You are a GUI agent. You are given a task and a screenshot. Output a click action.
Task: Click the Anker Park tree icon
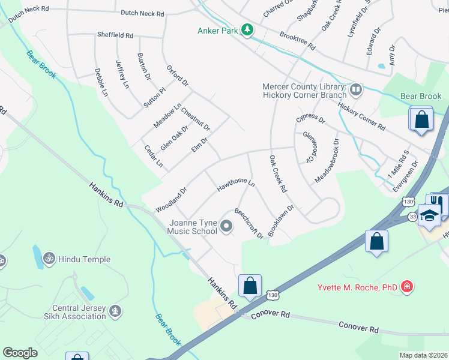(247, 30)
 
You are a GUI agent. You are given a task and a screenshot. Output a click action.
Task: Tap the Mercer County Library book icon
(356, 90)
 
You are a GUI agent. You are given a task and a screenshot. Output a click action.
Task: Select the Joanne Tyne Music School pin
(226, 226)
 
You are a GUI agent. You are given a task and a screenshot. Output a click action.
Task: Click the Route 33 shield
(412, 215)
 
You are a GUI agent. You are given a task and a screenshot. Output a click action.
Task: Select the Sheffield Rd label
(115, 35)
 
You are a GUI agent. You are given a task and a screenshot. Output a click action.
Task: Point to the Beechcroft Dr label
(249, 223)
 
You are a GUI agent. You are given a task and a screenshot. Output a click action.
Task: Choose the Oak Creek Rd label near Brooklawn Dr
(277, 174)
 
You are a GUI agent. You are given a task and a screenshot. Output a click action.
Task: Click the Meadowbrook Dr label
(327, 161)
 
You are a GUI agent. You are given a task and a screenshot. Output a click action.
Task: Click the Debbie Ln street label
(101, 83)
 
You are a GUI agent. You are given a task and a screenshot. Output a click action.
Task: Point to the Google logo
(20, 352)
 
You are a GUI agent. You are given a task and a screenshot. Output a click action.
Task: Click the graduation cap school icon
(430, 214)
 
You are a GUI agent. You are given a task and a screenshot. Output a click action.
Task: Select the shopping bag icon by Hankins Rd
(250, 285)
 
